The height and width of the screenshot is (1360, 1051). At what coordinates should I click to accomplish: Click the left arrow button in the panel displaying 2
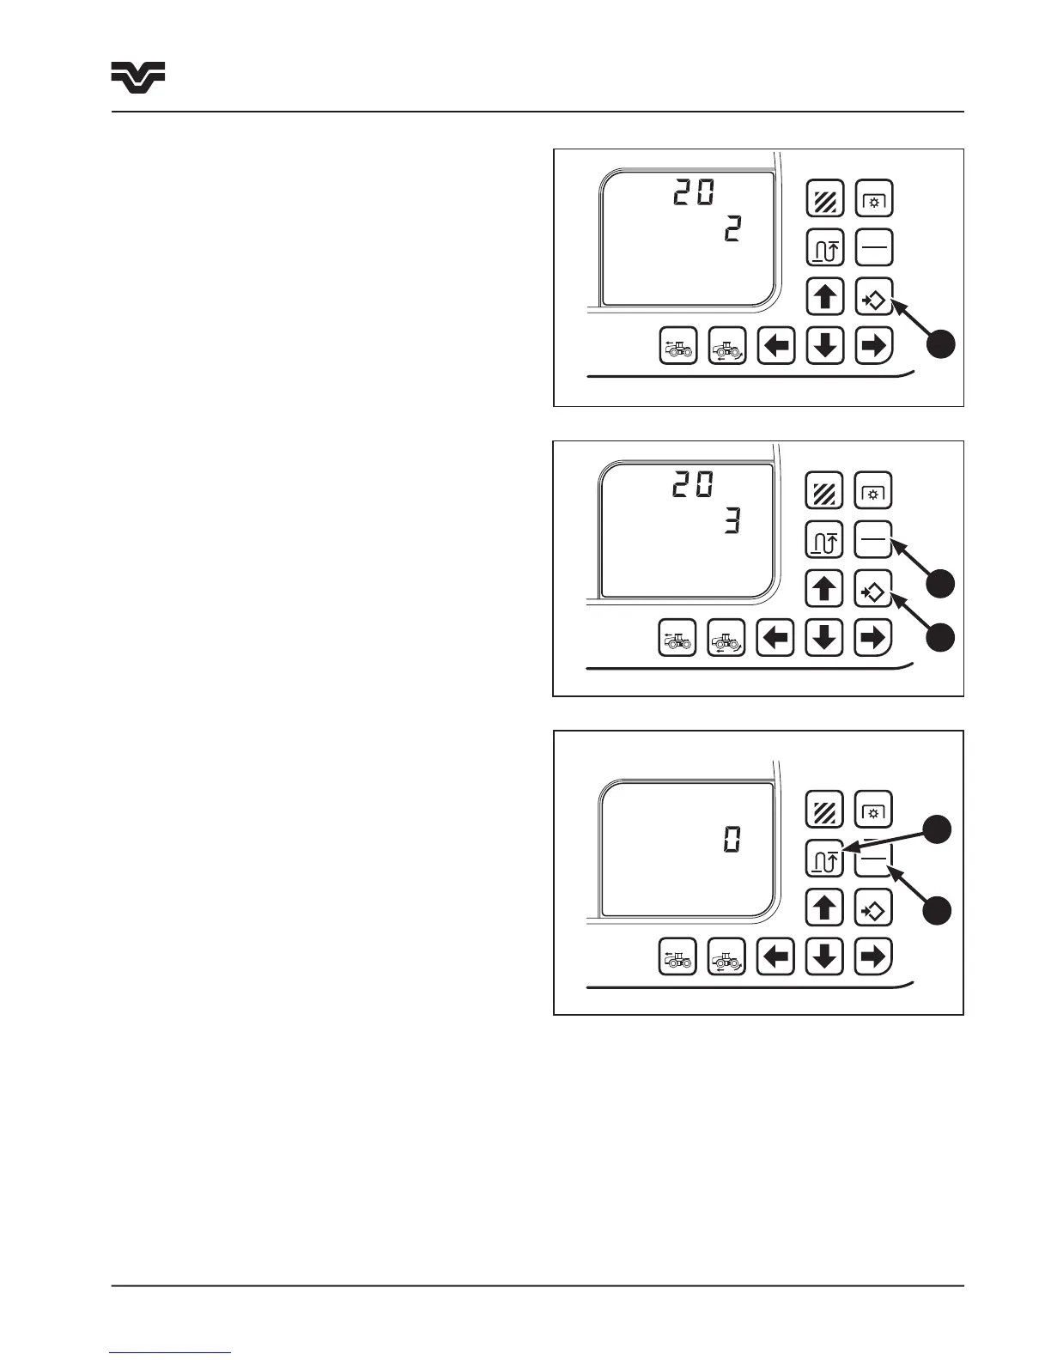776,347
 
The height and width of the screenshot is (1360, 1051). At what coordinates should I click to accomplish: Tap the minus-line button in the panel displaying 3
874,540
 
